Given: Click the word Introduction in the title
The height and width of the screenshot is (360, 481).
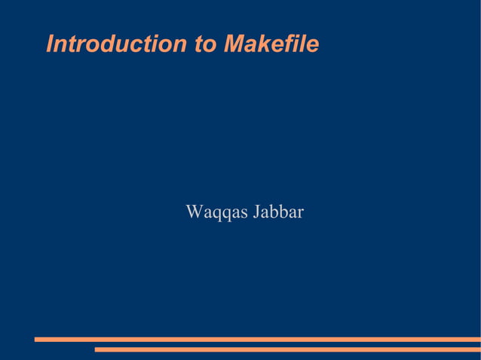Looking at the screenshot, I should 117,44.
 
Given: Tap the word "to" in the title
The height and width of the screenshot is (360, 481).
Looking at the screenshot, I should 205,44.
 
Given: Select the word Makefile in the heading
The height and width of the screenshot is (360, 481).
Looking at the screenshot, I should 271,44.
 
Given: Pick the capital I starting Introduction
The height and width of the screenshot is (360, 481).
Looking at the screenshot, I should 51,44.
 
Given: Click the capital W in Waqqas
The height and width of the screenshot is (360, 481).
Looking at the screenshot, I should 194,212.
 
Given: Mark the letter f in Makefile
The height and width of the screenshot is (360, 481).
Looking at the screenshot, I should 290,44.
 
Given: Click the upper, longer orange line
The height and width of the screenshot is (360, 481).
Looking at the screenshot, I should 256,340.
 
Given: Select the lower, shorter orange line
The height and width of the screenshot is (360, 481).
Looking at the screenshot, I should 286,349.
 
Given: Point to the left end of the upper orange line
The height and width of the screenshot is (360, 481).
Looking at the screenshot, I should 36,340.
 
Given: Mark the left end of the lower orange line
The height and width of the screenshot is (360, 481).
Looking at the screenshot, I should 97,349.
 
